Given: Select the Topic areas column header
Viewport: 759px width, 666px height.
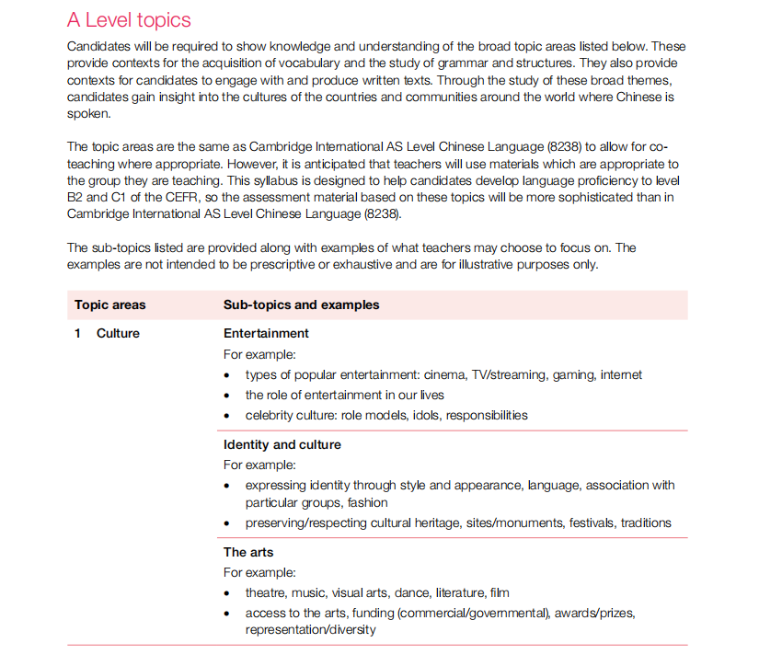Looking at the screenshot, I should click(110, 305).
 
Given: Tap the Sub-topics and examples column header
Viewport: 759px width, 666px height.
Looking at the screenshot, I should click(301, 305).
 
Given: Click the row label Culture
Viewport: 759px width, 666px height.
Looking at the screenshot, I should click(118, 333).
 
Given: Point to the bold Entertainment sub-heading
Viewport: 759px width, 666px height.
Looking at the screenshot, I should click(266, 333).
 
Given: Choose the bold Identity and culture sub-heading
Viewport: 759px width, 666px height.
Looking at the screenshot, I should click(282, 444).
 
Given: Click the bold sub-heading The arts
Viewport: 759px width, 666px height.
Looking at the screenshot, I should click(248, 552).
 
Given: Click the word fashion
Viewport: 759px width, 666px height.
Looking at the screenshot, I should click(368, 502).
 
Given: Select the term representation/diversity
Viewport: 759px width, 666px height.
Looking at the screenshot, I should click(310, 630).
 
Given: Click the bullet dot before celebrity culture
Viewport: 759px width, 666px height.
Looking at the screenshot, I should click(227, 416).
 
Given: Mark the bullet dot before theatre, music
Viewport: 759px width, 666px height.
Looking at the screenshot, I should click(227, 593).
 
